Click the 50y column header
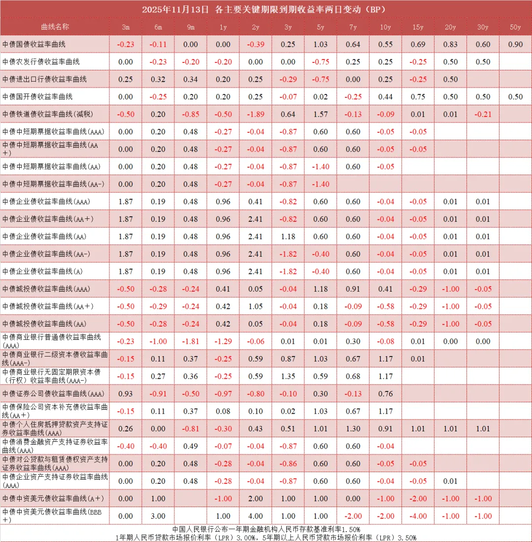coord(515,27)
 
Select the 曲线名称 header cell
coord(55,27)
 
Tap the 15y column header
coord(418,27)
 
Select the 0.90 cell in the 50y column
coord(515,44)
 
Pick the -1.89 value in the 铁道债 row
coord(255,114)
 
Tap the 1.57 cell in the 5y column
coord(320,114)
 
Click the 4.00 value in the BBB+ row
coord(255,516)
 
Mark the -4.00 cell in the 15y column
coord(418,516)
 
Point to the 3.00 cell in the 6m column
coord(158,516)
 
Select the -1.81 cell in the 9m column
coord(190,341)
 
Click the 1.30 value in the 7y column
coord(353,428)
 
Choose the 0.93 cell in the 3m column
coord(126,393)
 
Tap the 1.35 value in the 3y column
coord(288,376)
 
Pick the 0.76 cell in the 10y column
coord(385,393)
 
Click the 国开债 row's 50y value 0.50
coord(515,97)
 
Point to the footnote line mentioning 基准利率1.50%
coord(266,529)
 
